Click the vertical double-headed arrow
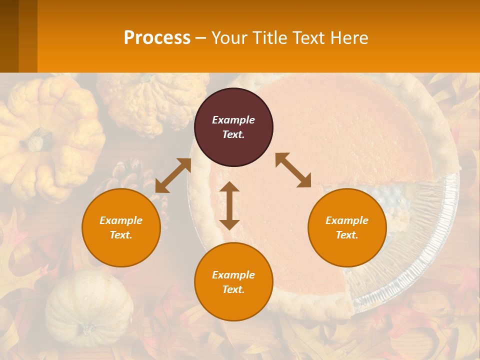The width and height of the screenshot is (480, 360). (229, 205)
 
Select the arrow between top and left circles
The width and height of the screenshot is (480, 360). (173, 175)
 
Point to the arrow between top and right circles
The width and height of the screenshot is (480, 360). (293, 170)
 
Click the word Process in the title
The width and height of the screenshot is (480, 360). (157, 37)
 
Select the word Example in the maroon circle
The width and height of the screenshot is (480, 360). (233, 120)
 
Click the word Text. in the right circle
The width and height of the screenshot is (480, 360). (347, 235)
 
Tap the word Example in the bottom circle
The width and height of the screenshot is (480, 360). (233, 274)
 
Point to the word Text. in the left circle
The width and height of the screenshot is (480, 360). (121, 235)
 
